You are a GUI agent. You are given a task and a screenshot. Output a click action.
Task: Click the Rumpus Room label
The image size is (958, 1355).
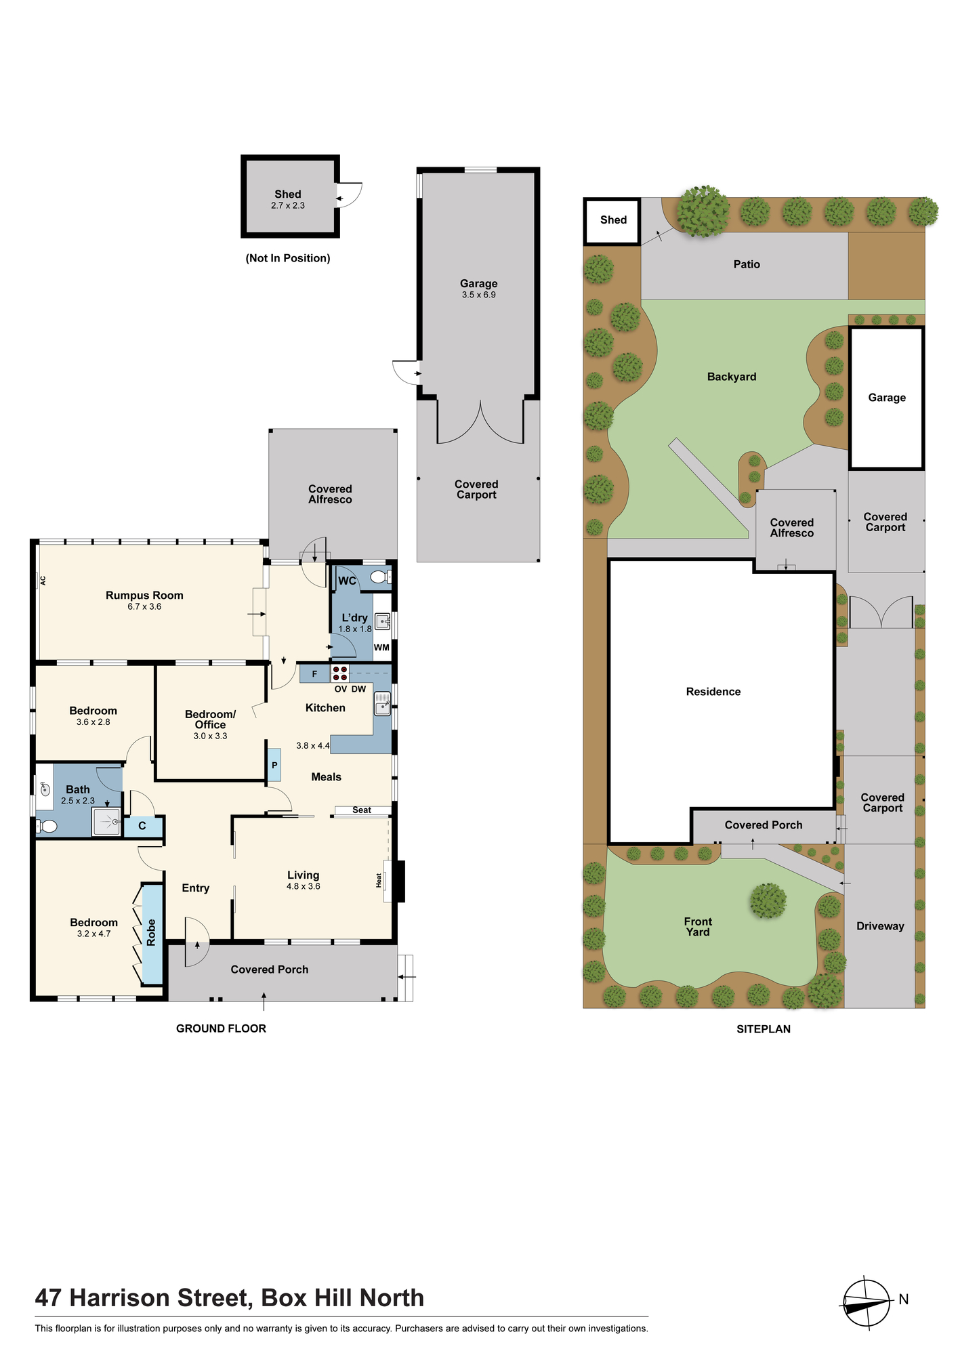click(144, 596)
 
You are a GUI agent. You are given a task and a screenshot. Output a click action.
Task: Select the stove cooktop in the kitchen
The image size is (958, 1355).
click(340, 673)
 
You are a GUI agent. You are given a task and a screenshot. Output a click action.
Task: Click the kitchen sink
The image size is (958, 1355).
click(383, 704)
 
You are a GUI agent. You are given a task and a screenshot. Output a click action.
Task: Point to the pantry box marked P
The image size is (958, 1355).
click(274, 766)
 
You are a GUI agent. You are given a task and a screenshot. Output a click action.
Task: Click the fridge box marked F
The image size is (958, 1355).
click(314, 673)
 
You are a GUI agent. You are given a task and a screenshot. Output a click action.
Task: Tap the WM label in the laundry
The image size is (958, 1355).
click(381, 648)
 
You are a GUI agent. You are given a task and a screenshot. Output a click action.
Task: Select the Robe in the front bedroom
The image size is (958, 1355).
click(152, 933)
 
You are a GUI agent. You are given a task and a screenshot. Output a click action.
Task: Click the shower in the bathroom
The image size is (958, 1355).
click(106, 822)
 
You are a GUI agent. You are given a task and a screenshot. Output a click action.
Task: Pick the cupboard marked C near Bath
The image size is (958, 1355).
click(142, 827)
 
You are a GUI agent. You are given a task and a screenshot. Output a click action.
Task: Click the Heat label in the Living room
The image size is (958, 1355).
click(379, 880)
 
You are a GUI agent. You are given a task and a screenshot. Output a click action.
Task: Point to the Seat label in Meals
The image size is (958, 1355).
click(362, 810)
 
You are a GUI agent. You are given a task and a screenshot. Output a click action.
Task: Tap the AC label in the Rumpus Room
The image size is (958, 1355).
click(43, 581)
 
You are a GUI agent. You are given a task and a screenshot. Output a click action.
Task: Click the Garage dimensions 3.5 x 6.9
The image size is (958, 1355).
click(479, 295)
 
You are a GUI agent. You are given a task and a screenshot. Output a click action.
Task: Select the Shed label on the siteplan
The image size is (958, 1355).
click(613, 220)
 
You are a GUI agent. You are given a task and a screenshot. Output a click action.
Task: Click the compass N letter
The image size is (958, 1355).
click(904, 1299)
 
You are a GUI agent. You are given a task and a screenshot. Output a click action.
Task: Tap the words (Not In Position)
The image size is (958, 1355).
click(288, 258)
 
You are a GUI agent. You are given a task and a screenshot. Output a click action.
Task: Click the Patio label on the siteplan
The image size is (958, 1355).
click(747, 264)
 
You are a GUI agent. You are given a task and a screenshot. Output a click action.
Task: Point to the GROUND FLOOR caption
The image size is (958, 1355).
click(221, 1028)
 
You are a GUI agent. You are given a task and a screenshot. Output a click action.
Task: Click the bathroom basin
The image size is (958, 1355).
click(45, 788)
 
